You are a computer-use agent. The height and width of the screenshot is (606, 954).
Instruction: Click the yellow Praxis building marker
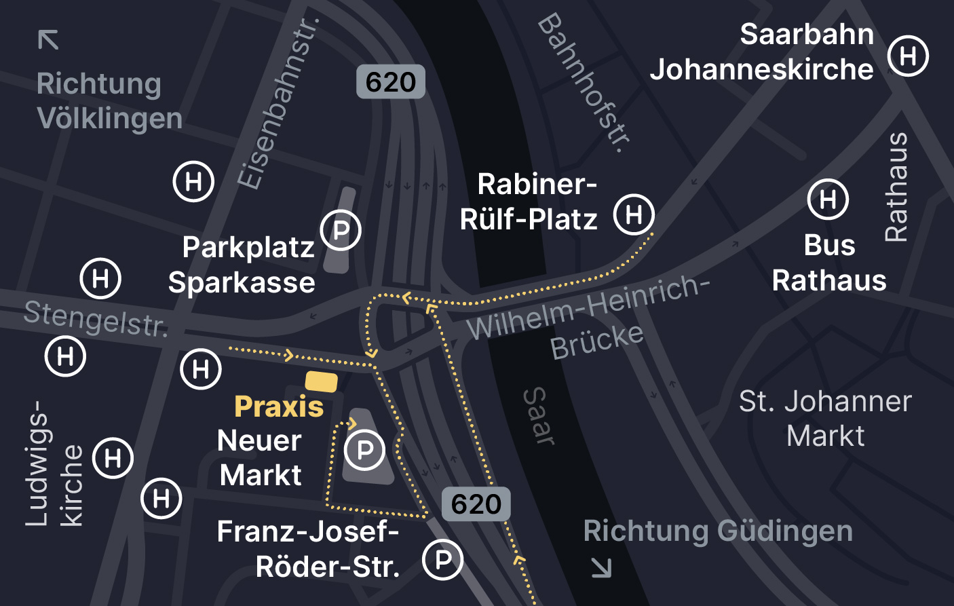321,381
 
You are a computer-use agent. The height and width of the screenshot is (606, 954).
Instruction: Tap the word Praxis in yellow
279,407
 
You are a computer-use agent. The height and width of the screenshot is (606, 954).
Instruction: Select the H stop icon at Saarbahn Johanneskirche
908,56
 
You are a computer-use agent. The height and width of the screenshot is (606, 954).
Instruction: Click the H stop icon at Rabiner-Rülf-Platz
634,214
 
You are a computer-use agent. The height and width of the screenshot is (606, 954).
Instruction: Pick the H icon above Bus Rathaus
828,200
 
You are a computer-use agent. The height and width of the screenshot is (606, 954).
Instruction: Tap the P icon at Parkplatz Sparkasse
341,231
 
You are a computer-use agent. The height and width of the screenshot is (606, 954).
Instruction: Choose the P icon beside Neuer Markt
364,450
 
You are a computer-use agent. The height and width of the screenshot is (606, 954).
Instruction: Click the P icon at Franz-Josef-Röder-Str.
442,560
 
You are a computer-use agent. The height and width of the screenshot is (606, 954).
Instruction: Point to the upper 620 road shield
391,82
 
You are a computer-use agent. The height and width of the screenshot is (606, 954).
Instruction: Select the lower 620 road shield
476,504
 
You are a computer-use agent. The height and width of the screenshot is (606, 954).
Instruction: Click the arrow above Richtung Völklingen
48,40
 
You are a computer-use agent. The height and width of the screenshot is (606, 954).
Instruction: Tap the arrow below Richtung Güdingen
601,567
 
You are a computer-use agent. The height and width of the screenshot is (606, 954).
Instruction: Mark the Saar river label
539,416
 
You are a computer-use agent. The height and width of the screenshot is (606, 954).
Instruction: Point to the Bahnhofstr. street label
584,83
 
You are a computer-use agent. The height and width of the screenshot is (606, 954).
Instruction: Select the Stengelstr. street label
96,319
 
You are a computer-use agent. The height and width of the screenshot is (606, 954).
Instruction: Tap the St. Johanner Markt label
825,418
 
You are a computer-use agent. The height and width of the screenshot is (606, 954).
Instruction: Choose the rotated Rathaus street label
896,187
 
